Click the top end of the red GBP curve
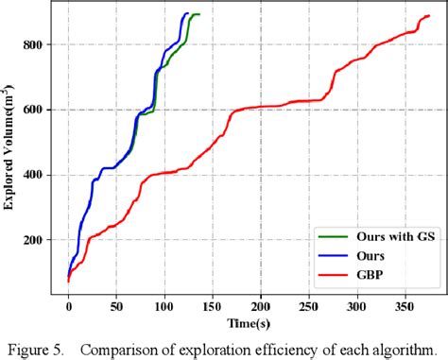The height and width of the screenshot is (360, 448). tap(428, 16)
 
